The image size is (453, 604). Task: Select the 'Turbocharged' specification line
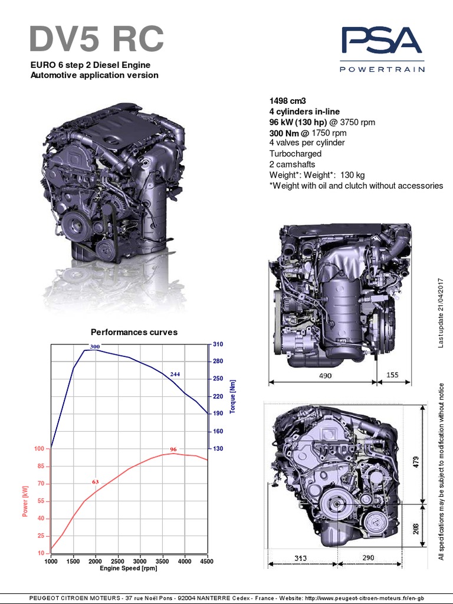[296, 153]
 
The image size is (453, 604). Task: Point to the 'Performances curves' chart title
[134, 332]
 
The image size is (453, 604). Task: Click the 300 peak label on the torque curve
[95, 346]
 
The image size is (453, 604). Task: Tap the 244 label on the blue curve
[175, 375]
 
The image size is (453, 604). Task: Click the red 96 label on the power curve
[173, 449]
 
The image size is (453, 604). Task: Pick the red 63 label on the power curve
[96, 482]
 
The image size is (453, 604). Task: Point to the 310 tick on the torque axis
[218, 344]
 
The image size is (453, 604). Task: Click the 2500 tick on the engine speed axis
[117, 561]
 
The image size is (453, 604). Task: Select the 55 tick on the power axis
[41, 501]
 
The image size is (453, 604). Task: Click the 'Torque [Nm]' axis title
[232, 397]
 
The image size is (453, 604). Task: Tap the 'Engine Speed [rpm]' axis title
[129, 568]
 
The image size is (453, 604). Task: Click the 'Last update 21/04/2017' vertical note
[440, 312]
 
